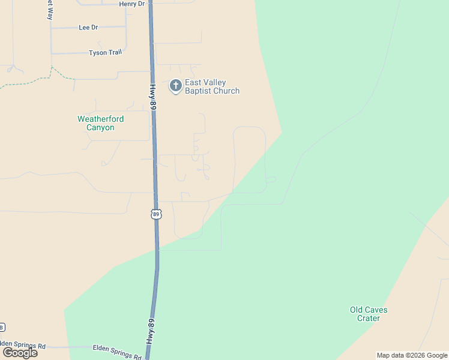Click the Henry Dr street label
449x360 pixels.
click(x=132, y=4)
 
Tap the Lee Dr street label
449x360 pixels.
click(x=88, y=28)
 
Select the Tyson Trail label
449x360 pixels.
click(x=106, y=53)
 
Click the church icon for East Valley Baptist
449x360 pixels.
click(x=175, y=86)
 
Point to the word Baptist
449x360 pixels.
click(x=197, y=91)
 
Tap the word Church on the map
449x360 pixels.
click(x=227, y=91)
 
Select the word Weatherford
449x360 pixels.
click(x=100, y=119)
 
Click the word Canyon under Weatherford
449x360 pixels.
click(x=100, y=128)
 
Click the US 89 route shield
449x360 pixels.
click(x=156, y=214)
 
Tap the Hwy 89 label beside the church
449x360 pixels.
click(x=153, y=97)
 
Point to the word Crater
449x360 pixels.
click(x=369, y=319)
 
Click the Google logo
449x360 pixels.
click(x=20, y=353)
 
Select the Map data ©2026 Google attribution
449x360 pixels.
click(x=412, y=355)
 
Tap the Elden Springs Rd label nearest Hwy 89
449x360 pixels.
click(x=117, y=351)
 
